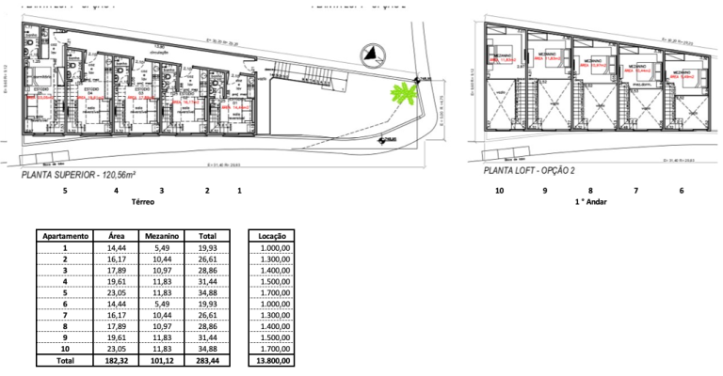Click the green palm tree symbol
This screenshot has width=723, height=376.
coord(403,93)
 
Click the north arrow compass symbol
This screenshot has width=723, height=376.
coord(371,54)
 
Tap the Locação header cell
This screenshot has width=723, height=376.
coord(271,236)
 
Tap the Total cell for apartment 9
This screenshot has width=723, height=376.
coord(208,336)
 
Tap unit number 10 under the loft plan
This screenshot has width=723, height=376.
coord(499,191)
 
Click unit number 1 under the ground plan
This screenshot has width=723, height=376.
coord(239,191)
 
